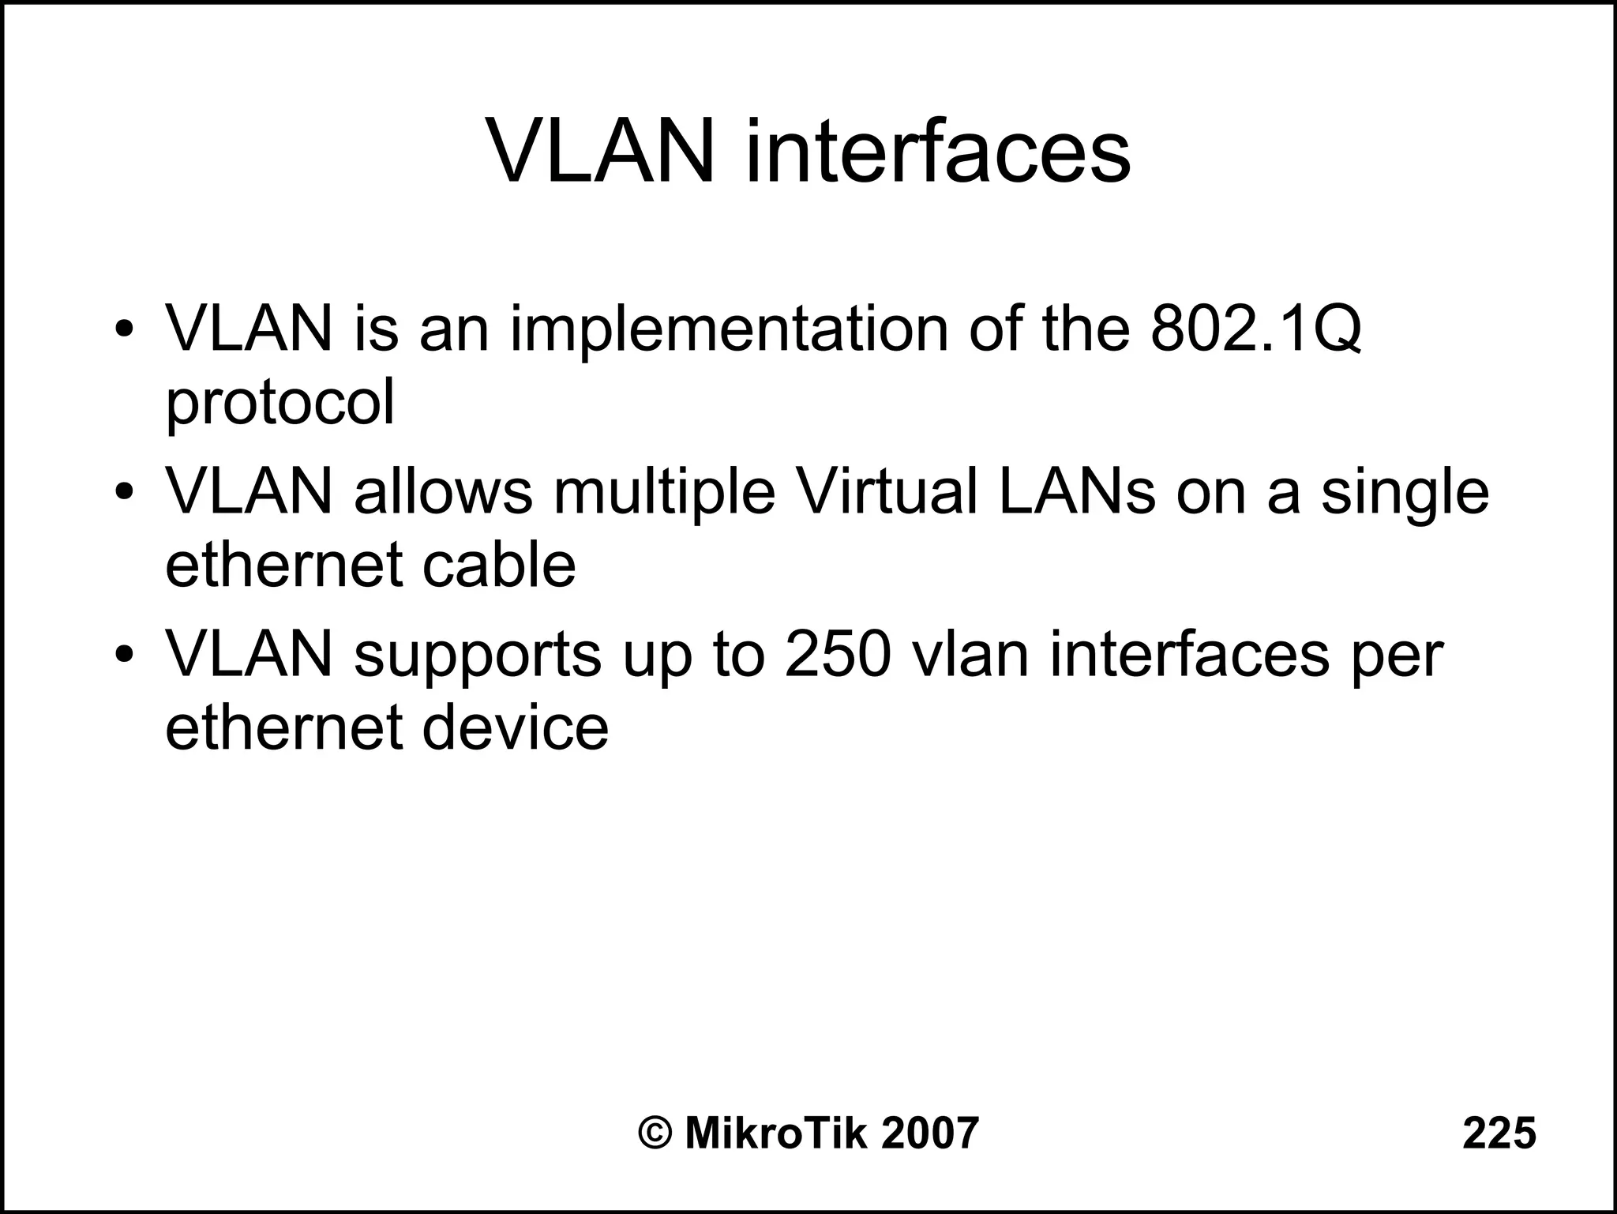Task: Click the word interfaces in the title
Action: [937, 151]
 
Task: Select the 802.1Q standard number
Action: [1255, 329]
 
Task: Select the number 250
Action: [839, 654]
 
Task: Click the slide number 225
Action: [1499, 1133]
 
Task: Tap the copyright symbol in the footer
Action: [655, 1133]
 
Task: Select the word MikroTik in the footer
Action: [777, 1133]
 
